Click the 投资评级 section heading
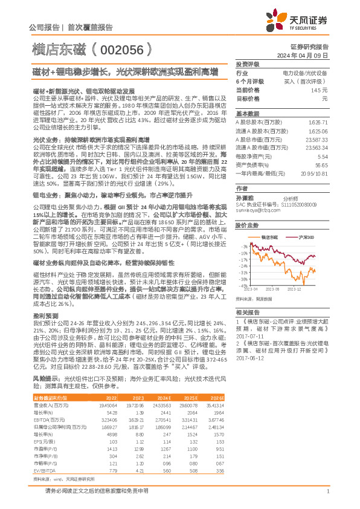click(x=247, y=63)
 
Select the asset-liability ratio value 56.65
click(x=321, y=164)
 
